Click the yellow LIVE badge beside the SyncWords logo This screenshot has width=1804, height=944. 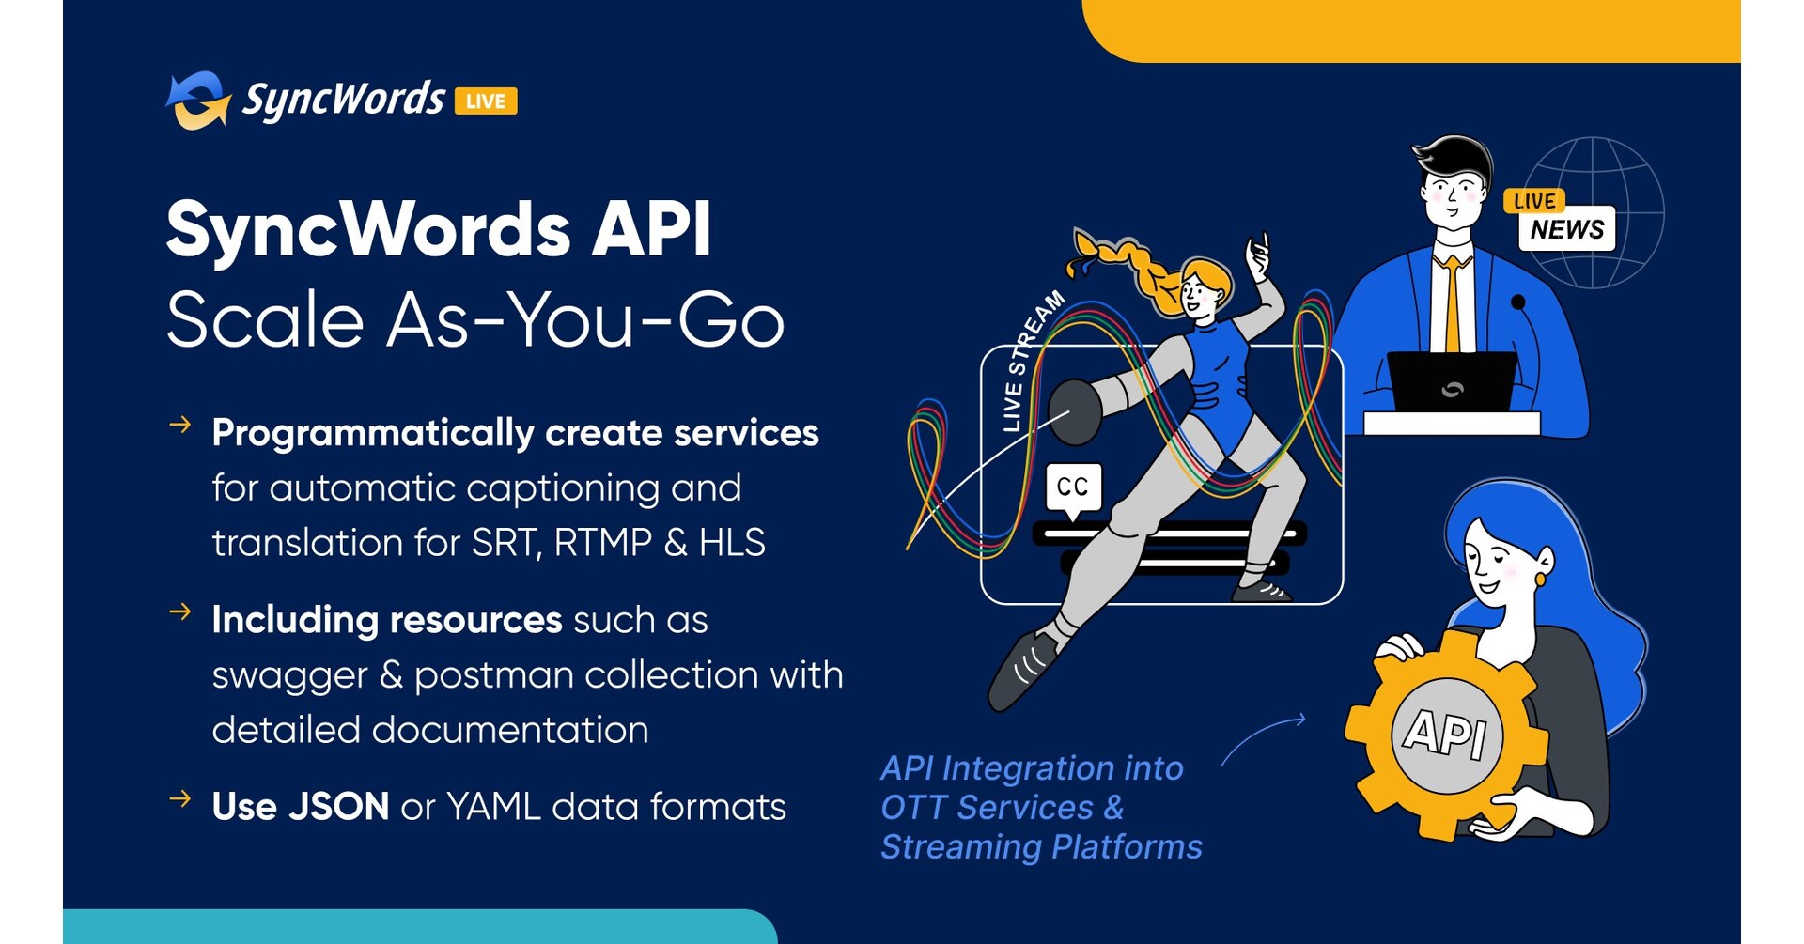(x=486, y=101)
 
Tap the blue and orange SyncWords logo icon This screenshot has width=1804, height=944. (x=198, y=100)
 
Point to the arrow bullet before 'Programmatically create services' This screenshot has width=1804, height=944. (x=180, y=426)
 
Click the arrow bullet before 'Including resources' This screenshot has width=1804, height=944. (x=180, y=612)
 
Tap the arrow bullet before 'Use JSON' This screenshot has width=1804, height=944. (x=180, y=799)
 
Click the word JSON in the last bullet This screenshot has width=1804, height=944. (x=338, y=807)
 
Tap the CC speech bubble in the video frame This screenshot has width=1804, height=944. (x=1073, y=487)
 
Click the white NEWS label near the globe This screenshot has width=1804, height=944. (x=1566, y=229)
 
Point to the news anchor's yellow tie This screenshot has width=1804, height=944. (x=1453, y=301)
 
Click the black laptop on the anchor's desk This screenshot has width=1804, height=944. (x=1452, y=381)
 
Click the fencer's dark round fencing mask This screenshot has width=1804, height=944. (x=1074, y=411)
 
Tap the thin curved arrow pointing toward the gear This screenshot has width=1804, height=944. (x=1263, y=737)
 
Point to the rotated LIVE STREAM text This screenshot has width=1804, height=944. (x=1032, y=362)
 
